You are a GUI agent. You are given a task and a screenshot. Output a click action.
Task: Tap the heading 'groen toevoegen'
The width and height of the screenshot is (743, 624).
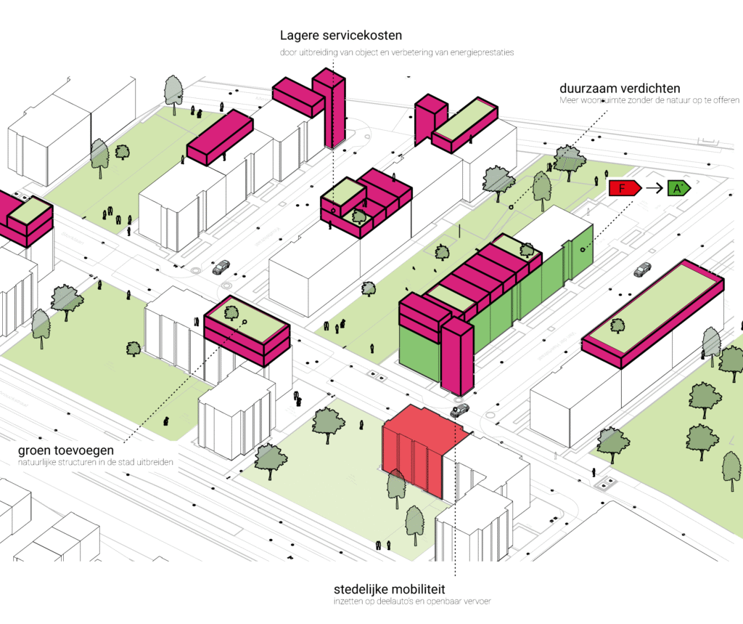[x=65, y=450]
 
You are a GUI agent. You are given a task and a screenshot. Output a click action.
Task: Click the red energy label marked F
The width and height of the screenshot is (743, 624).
[x=623, y=189]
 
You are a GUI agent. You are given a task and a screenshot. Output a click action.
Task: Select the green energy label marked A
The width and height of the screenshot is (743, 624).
[x=678, y=189]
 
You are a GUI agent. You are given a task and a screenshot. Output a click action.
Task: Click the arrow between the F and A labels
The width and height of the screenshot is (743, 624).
[x=653, y=189]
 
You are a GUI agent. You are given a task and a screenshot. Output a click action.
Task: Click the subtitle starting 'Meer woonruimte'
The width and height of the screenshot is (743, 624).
[x=649, y=100]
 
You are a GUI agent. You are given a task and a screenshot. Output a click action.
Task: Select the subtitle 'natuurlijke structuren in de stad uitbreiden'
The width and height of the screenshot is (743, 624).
[x=96, y=463]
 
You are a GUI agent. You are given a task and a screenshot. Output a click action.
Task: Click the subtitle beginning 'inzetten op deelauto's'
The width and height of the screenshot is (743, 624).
[x=413, y=601]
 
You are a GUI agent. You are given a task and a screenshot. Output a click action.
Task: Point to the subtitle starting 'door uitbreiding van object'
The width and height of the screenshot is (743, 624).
[x=398, y=52]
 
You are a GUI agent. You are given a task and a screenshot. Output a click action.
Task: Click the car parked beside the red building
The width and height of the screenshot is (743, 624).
[x=459, y=411]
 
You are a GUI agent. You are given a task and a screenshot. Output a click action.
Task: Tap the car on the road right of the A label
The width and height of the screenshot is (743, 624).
[x=642, y=270]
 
